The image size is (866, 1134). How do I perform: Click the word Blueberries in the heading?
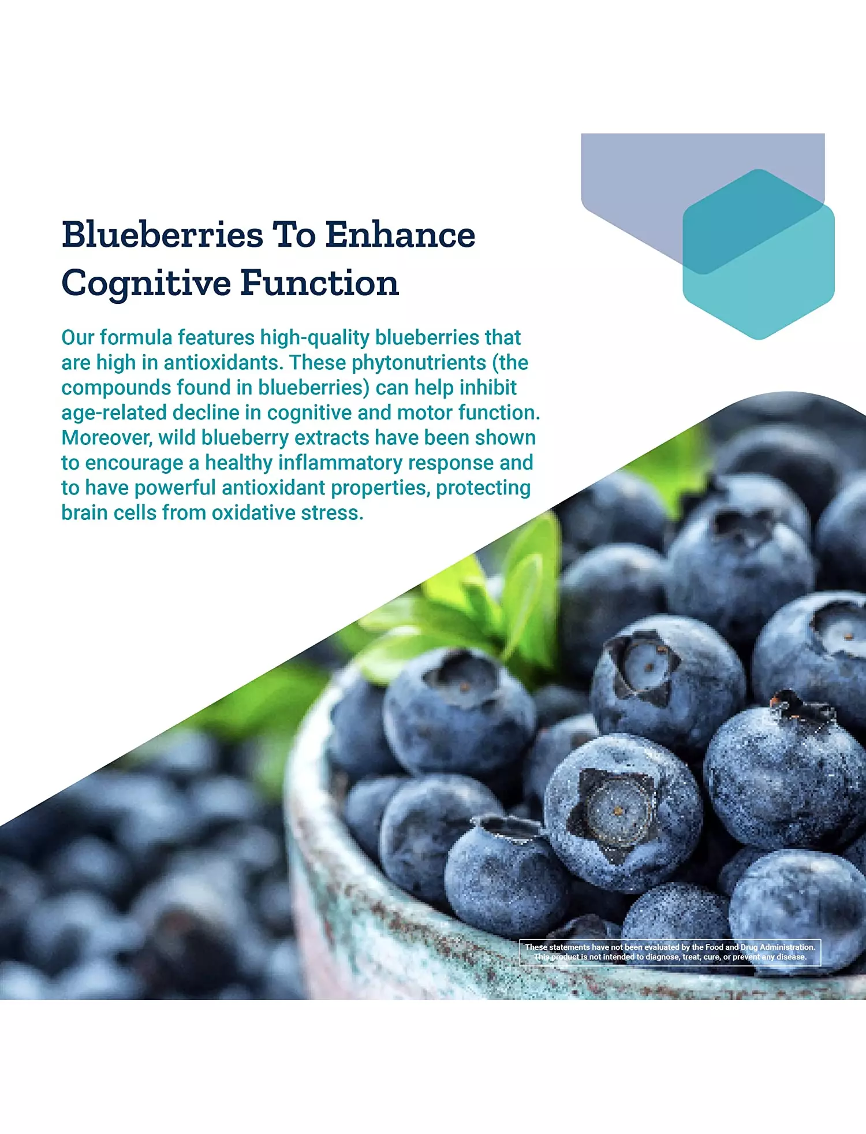click(162, 235)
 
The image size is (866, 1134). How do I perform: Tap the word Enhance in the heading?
click(400, 235)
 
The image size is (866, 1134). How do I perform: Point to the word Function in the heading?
click(320, 283)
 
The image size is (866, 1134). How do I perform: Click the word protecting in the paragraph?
click(483, 488)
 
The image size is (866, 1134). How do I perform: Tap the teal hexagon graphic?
click(759, 254)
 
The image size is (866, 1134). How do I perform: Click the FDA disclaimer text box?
click(670, 952)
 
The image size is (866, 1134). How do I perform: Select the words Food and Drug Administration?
click(760, 947)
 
